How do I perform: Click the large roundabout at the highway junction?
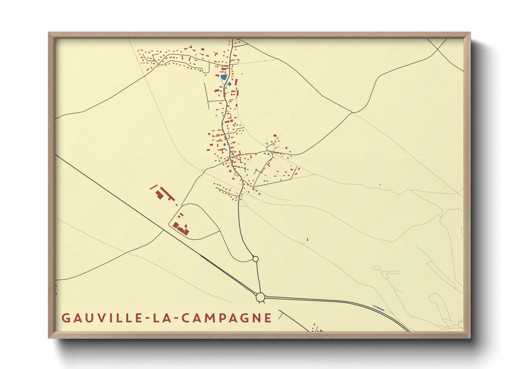(x=260, y=298)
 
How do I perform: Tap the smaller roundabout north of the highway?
(x=255, y=259)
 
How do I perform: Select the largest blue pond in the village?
(x=223, y=77)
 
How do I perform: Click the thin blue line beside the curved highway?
(x=378, y=308)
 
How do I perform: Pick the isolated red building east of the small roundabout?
(x=307, y=240)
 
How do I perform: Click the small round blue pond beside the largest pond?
(x=229, y=84)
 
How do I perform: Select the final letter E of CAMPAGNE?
(x=268, y=318)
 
